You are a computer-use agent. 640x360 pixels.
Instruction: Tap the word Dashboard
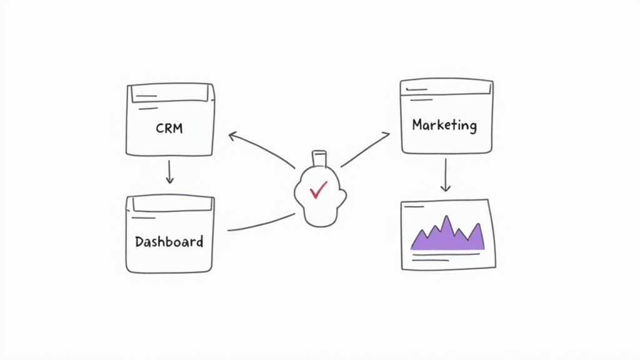169,241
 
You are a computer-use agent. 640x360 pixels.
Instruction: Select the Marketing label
444,124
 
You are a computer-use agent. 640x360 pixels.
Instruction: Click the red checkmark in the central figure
319,189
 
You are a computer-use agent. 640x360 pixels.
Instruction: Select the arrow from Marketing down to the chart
445,174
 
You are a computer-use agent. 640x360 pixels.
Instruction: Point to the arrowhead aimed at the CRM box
232,134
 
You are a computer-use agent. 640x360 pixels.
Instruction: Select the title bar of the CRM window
170,94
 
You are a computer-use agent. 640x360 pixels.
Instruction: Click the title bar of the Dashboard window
169,204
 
